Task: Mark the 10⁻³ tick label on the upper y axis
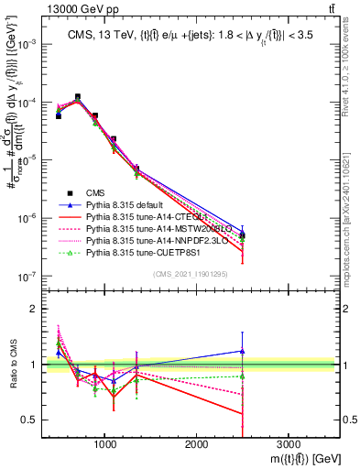tap(30, 44)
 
